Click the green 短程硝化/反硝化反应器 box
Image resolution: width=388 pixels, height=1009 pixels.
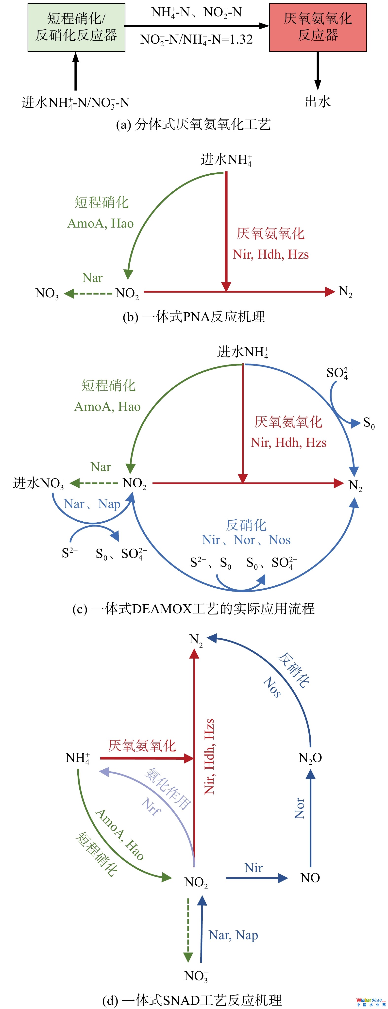(x=76, y=27)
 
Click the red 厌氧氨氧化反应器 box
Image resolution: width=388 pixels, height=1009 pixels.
(x=318, y=27)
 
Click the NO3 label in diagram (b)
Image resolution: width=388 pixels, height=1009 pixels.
(x=47, y=293)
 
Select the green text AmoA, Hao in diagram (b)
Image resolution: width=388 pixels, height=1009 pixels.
(x=101, y=223)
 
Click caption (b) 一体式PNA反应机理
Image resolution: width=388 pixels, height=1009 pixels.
(x=194, y=316)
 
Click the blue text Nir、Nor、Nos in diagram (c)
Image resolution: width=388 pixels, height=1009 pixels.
(x=246, y=540)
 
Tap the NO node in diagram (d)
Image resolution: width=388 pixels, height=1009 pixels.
(x=310, y=878)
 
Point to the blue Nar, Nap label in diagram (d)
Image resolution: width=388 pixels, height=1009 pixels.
(x=233, y=935)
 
